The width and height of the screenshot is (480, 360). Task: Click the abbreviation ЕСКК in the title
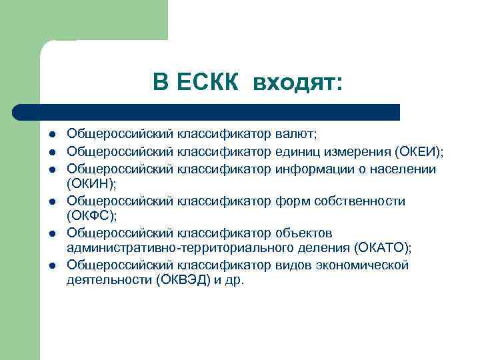205,82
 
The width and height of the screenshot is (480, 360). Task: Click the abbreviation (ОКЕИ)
417,152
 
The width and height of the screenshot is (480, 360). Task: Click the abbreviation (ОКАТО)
383,248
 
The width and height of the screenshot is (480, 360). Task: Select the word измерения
355,152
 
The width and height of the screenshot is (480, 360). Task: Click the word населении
402,168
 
